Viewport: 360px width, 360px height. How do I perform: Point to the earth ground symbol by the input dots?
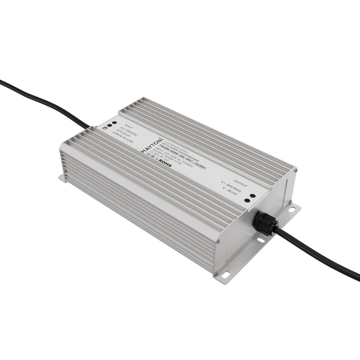[x=105, y=128]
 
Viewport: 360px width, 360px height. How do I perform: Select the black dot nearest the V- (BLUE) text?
[x=248, y=200]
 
